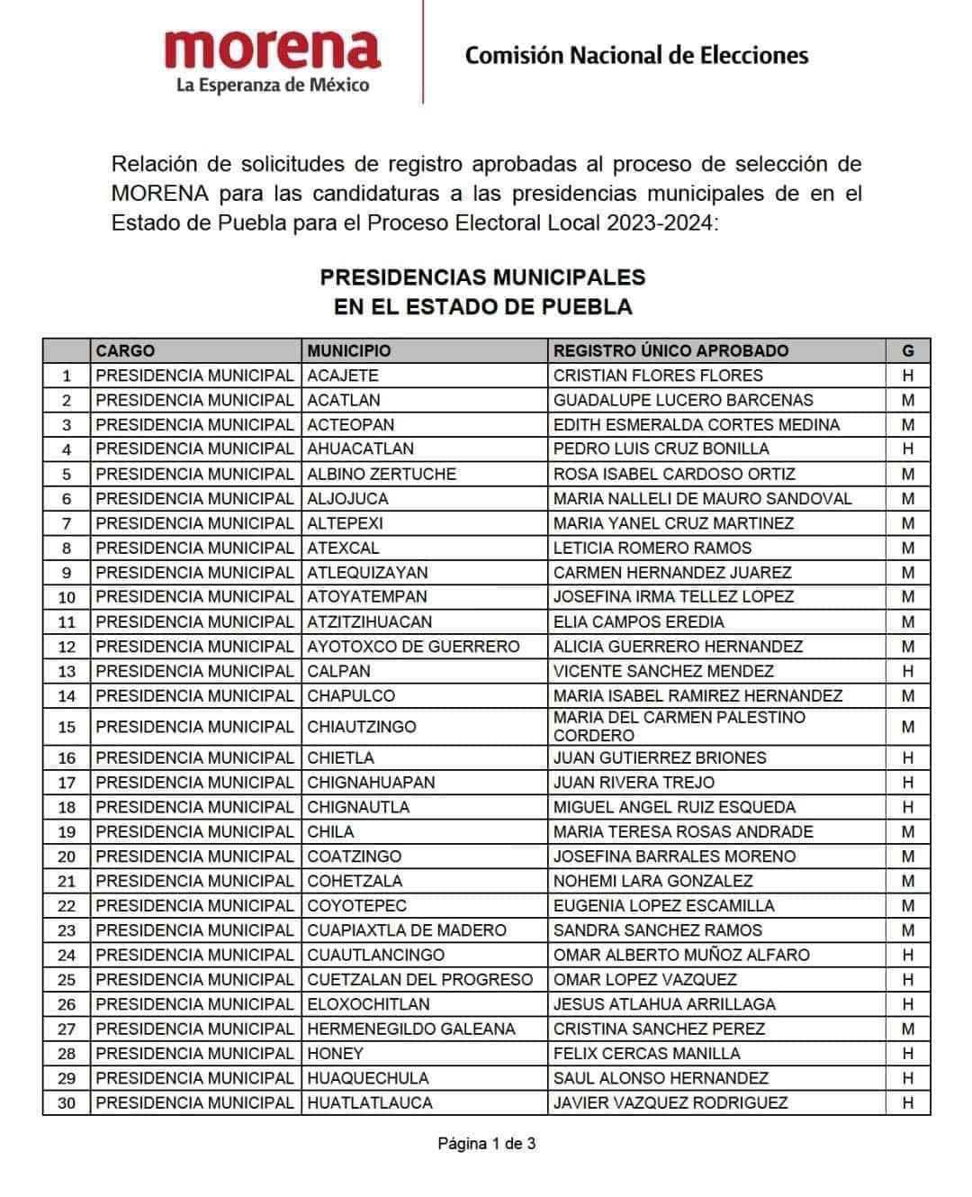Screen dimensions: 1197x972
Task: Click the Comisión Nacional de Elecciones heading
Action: click(x=636, y=56)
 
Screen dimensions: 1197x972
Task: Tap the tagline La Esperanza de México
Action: click(x=272, y=86)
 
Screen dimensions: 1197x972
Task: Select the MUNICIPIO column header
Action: click(x=349, y=351)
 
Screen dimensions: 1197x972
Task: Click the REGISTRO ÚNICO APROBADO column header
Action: click(x=670, y=351)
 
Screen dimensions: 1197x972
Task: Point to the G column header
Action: click(x=907, y=351)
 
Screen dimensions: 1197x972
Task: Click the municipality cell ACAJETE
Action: click(x=343, y=376)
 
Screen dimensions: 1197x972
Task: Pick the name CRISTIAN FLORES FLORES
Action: click(x=658, y=376)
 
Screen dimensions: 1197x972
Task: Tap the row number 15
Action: click(x=67, y=727)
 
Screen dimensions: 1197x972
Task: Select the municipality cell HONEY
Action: click(x=335, y=1053)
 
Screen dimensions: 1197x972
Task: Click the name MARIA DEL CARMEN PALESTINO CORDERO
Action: click(x=679, y=726)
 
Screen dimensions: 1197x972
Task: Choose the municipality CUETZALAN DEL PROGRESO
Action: click(x=419, y=979)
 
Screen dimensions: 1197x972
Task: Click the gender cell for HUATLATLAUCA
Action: click(x=907, y=1102)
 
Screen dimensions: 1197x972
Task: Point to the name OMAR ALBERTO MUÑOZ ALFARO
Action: click(x=681, y=955)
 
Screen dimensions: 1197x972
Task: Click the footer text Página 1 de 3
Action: click(x=486, y=1144)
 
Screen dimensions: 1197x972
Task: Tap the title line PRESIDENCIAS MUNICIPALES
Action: click(x=482, y=277)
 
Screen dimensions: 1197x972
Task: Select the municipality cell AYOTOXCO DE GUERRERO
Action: click(x=413, y=647)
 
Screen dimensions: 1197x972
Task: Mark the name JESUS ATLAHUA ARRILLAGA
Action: click(x=664, y=1004)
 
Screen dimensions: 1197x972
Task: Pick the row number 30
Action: click(x=67, y=1102)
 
